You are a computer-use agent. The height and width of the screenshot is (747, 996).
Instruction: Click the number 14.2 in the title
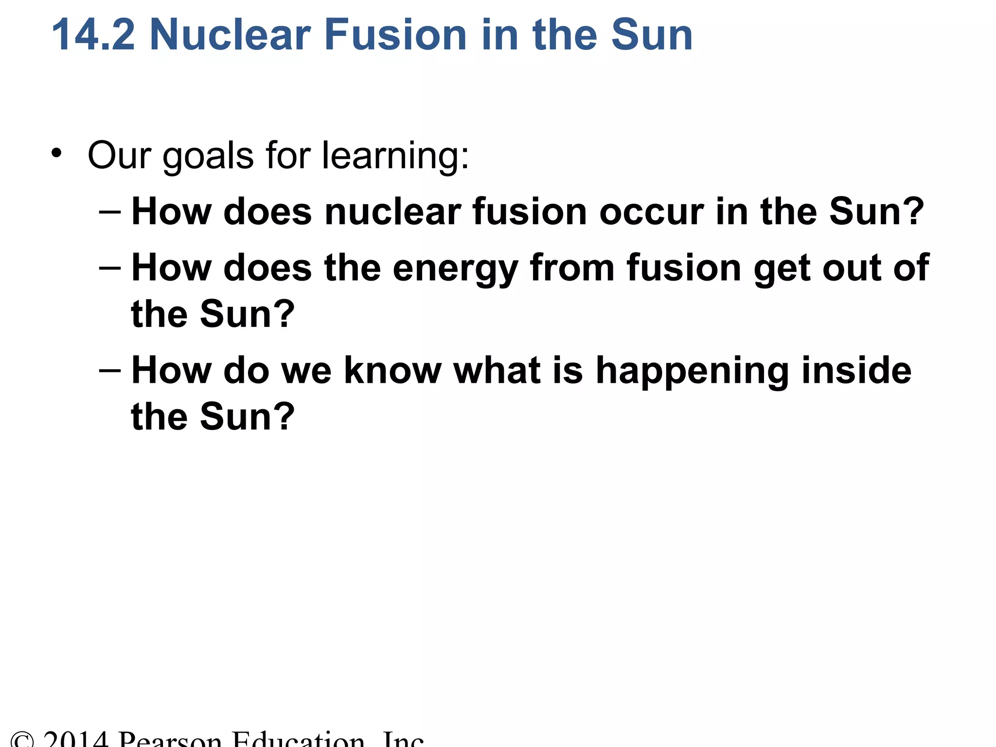(92, 35)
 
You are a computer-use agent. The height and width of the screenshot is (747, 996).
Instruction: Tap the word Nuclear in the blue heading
(230, 35)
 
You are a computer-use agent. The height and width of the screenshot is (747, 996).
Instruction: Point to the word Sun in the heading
(652, 35)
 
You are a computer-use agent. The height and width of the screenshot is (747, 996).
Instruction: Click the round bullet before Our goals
(57, 154)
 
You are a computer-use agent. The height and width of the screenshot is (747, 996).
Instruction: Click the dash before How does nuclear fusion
(109, 212)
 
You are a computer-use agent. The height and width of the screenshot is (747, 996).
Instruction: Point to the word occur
(651, 212)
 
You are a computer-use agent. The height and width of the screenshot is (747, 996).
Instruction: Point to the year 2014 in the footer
(75, 739)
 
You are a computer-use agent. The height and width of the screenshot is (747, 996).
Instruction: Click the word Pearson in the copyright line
(170, 739)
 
